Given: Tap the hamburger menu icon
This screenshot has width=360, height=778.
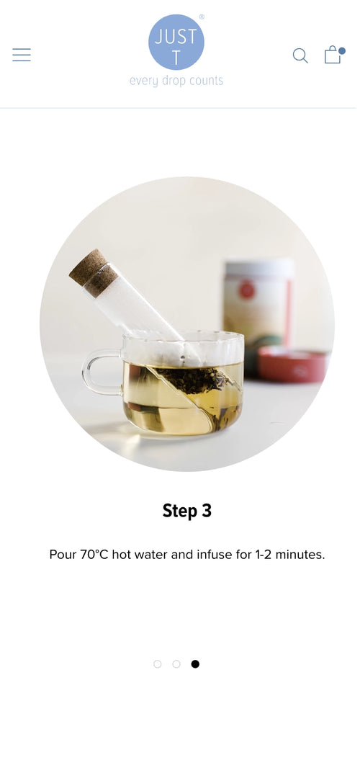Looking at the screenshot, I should tap(22, 55).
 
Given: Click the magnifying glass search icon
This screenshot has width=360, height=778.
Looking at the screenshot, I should tap(300, 55).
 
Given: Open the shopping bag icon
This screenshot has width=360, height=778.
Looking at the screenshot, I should tap(332, 55).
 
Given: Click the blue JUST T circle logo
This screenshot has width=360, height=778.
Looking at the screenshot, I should tap(176, 43).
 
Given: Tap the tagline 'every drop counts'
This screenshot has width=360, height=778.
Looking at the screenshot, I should tap(176, 81).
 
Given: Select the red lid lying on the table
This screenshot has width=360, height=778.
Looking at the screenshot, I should tap(292, 364).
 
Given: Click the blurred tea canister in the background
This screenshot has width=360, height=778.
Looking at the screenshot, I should tap(258, 303).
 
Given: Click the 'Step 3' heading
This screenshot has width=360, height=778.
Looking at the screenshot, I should tap(187, 511).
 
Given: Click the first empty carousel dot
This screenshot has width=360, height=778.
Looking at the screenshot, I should tap(158, 664).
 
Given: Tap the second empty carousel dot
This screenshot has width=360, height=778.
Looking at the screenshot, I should tap(176, 664).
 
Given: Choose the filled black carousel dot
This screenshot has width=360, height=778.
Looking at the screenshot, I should tap(195, 664).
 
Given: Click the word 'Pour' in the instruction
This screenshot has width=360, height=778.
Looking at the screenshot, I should tap(62, 555).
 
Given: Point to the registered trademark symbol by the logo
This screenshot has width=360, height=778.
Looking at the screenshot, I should tap(202, 17).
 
